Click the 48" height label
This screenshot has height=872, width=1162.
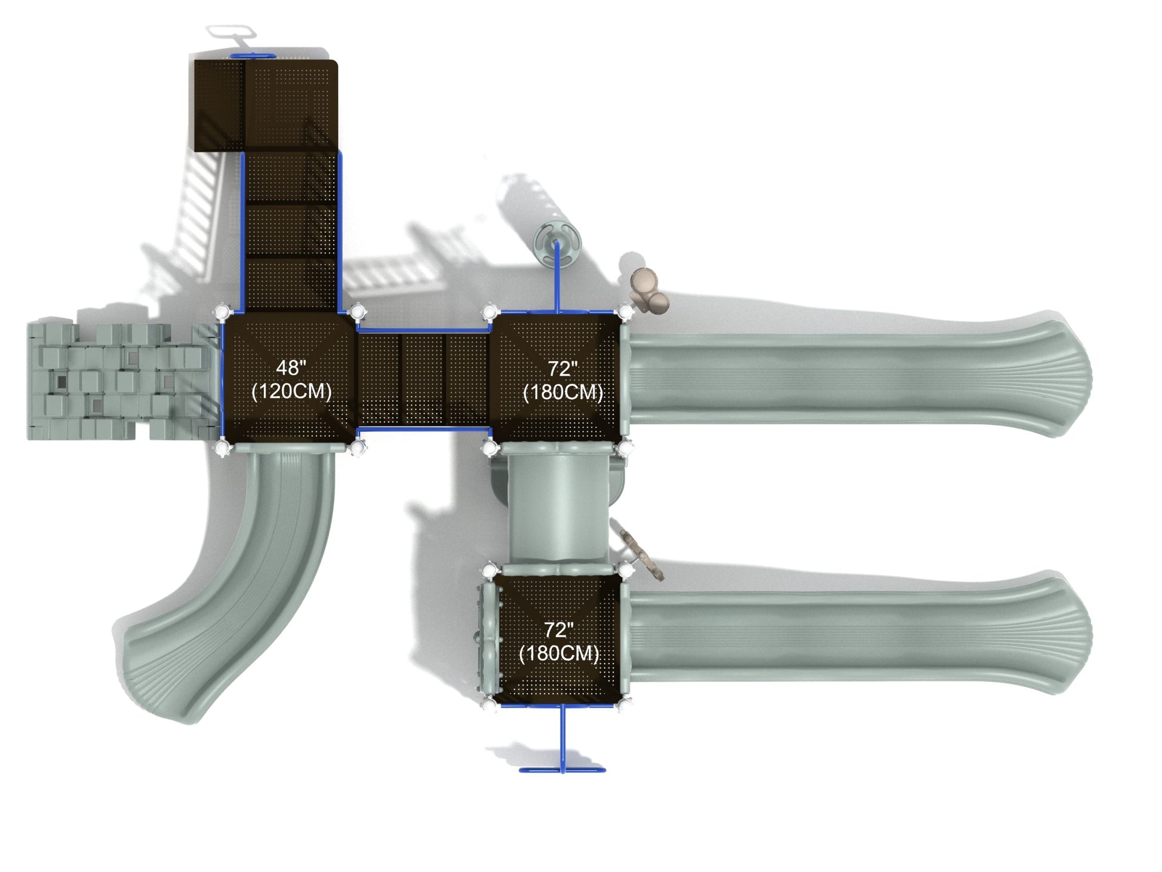pos(291,367)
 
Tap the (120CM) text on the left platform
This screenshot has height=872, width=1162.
pos(291,392)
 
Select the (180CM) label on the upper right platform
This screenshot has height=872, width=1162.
pos(562,392)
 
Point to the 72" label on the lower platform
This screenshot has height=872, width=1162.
pos(558,630)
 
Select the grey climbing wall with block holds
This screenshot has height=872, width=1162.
pos(119,382)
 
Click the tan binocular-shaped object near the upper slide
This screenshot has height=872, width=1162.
pos(650,290)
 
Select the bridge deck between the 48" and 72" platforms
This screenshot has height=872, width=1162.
pos(423,379)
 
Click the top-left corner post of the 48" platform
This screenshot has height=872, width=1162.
pos(222,312)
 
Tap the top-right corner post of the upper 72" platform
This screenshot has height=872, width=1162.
pos(625,311)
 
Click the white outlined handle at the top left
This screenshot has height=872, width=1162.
pos(232,31)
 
